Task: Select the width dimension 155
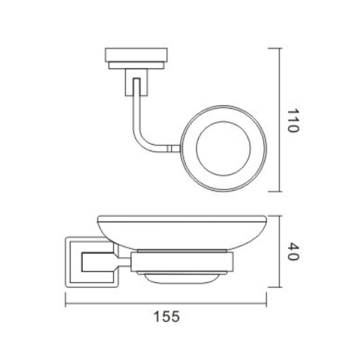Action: (x=166, y=315)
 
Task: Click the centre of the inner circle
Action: (x=222, y=150)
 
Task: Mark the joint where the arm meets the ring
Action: (x=173, y=150)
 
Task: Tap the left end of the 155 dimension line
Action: (x=66, y=303)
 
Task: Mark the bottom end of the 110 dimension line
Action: (x=277, y=192)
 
